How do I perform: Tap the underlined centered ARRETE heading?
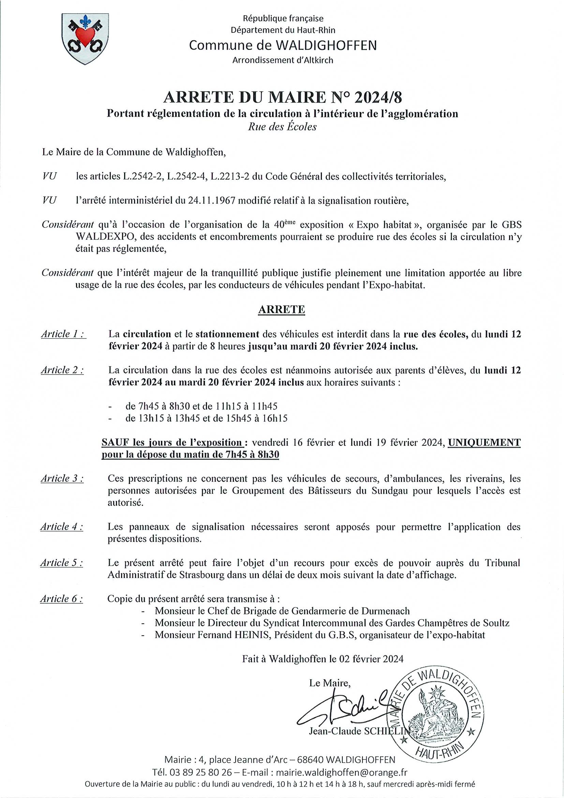click(x=281, y=309)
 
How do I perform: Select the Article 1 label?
click(x=63, y=334)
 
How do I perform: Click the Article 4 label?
click(x=61, y=527)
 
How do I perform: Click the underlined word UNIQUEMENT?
click(x=484, y=442)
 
